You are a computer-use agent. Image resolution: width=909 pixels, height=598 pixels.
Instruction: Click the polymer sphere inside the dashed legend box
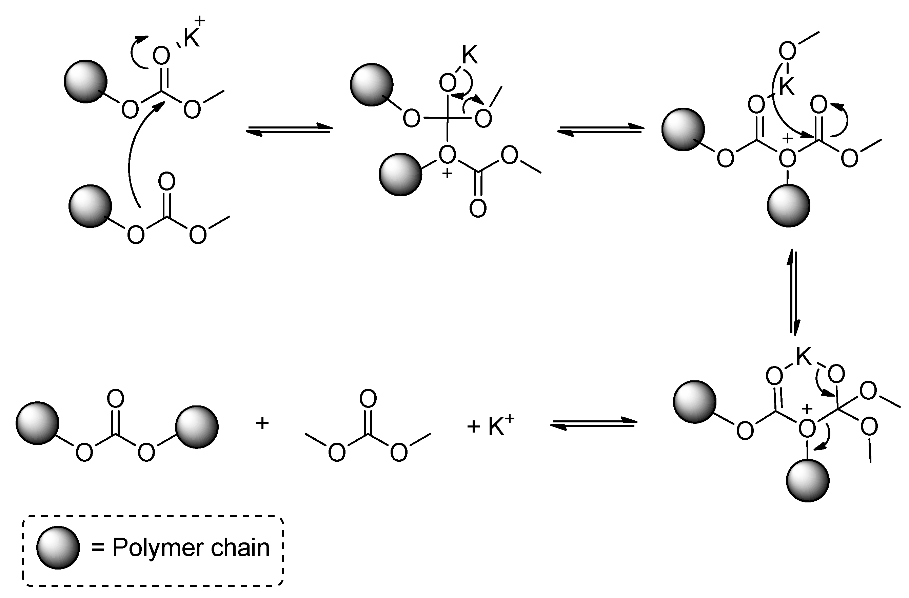pos(58,547)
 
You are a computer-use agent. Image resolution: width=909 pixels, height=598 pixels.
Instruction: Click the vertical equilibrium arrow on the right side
pos(793,293)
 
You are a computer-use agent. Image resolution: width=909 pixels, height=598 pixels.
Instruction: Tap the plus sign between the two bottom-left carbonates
pos(262,423)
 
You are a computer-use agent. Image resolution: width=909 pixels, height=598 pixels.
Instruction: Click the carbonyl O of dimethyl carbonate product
pos(368,399)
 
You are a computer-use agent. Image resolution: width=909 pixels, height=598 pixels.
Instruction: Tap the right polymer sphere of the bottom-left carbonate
pos(197,426)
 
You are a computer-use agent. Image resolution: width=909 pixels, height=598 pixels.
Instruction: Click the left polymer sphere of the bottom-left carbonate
pos(37,423)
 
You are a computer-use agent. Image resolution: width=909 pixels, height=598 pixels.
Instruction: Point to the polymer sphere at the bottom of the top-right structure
pos(789,205)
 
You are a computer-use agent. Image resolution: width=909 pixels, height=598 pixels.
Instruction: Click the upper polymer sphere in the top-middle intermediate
pos(372,85)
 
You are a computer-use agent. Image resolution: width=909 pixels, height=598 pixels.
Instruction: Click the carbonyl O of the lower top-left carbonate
pos(167,181)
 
